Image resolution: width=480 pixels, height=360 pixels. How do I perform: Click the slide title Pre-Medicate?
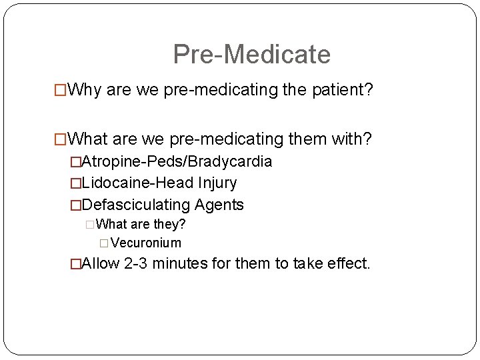(251, 54)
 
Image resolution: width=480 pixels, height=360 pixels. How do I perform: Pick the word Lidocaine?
(109, 183)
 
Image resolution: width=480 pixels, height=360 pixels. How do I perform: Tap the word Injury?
(215, 183)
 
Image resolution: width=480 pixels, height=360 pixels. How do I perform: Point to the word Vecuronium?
(146, 243)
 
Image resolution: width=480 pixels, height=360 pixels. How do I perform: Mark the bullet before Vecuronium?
(104, 243)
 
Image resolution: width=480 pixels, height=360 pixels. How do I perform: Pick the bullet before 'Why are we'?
(61, 89)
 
